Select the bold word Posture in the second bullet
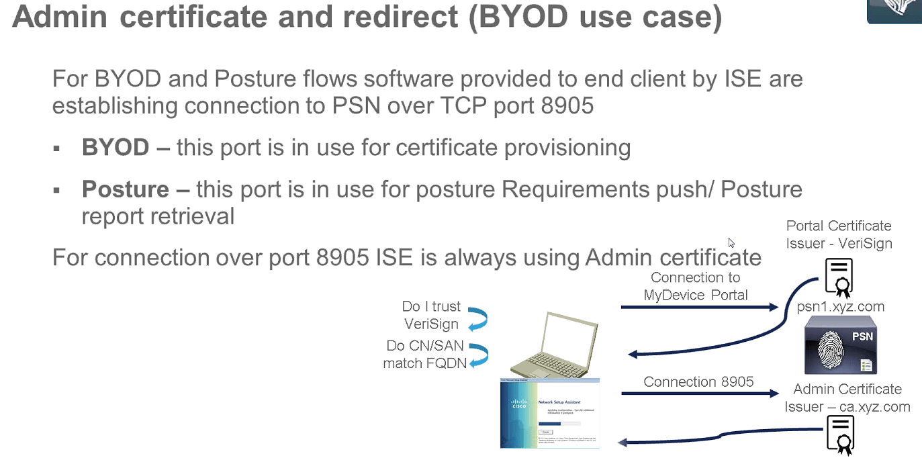[x=125, y=189]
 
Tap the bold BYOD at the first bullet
[x=115, y=148]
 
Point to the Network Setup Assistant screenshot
[x=550, y=413]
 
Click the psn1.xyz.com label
[x=840, y=307]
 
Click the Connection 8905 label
[x=698, y=381]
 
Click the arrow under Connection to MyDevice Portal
[x=699, y=308]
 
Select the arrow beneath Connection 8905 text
[x=698, y=394]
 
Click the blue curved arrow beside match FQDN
[x=477, y=355]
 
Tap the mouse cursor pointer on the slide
[x=731, y=242]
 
